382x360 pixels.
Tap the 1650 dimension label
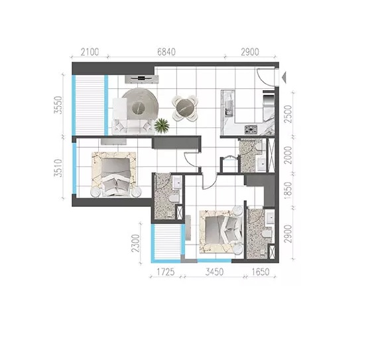tap(263, 272)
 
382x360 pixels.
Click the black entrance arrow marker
tap(285, 78)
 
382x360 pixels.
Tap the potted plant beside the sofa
tap(161, 124)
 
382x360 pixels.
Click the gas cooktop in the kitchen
tap(251, 129)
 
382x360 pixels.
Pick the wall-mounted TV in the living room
tap(145, 78)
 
